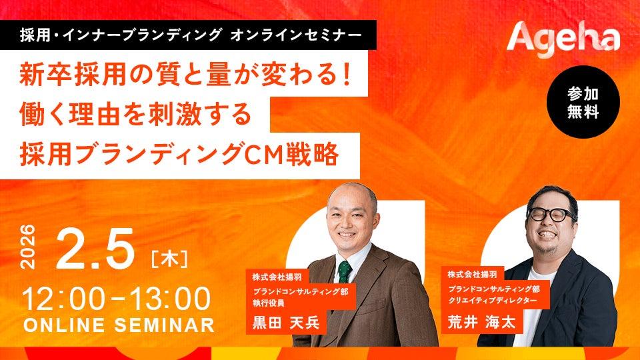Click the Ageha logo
pos(563,40)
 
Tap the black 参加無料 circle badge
pos(583,102)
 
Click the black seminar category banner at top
pos(188,35)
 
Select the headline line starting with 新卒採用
pos(185,75)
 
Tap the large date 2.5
pos(95,249)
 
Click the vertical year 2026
pos(28,247)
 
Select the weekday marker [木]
pos(169,259)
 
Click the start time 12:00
pos(64,299)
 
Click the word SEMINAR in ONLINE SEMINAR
pos(165,325)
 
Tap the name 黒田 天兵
pos(286,323)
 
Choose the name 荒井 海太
pos(481,322)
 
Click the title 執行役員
pos(268,303)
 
